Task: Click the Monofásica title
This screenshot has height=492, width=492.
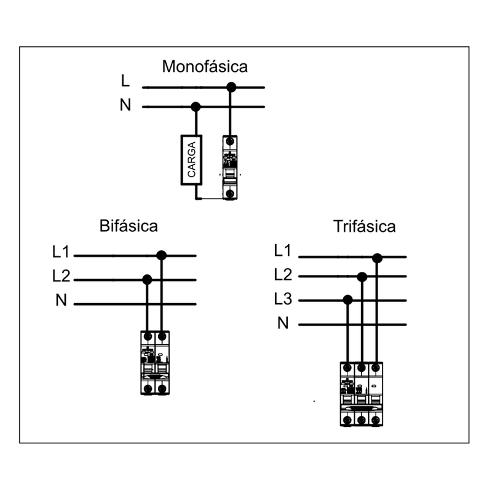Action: coord(205,66)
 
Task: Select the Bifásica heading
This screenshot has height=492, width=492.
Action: coord(129,226)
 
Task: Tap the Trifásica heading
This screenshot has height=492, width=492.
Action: coord(364,226)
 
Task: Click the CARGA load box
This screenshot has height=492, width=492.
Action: coord(191,159)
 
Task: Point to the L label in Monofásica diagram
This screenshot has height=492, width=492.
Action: coord(125,81)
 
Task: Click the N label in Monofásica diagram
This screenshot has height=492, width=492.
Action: coord(125,106)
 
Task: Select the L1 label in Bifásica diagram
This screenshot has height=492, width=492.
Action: coord(61,252)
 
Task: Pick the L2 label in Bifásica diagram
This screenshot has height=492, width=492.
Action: coord(61,277)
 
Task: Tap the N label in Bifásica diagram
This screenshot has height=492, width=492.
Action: coord(61,301)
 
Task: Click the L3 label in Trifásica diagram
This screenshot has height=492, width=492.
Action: coord(283,300)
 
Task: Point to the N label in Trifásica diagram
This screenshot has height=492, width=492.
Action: coord(283,323)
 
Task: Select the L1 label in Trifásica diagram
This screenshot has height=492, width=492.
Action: coord(283,251)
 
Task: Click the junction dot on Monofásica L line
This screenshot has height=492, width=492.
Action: coord(231,87)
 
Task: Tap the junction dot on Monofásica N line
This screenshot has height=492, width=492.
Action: coord(196,107)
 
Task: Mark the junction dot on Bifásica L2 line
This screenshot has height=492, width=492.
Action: coord(147,280)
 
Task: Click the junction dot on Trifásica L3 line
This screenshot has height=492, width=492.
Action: coord(347,300)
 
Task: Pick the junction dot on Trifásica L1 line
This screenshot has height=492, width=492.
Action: coord(377,258)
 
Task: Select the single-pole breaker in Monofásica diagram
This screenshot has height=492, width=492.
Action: coord(230,168)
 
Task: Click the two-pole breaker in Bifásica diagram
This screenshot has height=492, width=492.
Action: coord(154,363)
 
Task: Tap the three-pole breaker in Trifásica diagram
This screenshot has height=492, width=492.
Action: coord(362,394)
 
